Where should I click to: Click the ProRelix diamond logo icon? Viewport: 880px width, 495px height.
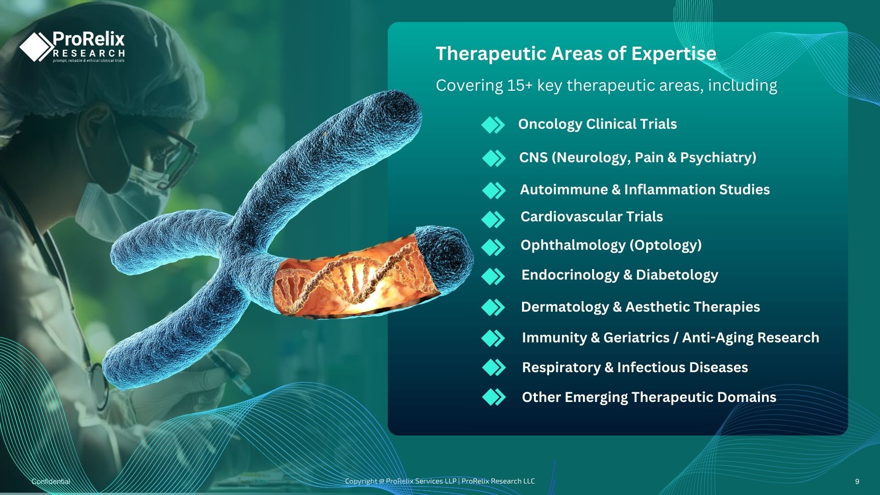[x=37, y=46]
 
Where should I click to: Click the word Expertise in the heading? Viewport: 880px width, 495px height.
[x=674, y=54]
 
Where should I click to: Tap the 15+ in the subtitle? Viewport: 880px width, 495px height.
[x=520, y=86]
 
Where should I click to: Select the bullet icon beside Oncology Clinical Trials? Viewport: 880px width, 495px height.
[x=493, y=125]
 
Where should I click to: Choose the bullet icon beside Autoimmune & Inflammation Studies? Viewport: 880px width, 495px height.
[x=494, y=190]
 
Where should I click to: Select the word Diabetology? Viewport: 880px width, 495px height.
[x=677, y=275]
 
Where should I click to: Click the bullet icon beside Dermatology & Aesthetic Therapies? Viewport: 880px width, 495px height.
[x=493, y=308]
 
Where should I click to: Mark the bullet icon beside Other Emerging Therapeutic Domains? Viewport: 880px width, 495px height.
[x=494, y=397]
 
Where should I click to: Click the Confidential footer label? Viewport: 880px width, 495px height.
[x=51, y=481]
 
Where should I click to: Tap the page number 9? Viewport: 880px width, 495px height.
[x=857, y=482]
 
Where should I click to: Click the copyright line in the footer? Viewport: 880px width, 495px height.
[x=440, y=481]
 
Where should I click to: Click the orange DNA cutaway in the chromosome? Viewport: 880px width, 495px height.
[x=353, y=280]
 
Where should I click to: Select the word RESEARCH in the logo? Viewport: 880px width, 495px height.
[x=89, y=54]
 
